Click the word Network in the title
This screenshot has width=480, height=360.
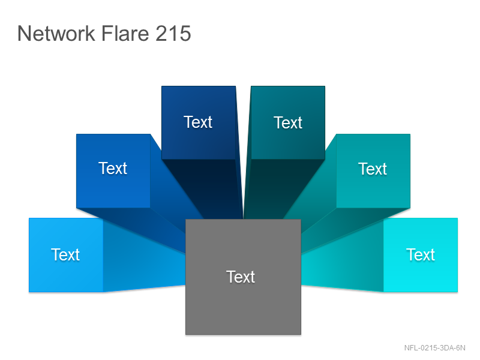(x=56, y=34)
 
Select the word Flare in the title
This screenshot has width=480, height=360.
(x=125, y=34)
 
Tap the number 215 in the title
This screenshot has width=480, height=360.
(x=173, y=34)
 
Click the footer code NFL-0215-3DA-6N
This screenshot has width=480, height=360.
(x=434, y=348)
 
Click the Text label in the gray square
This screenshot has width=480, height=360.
(x=241, y=277)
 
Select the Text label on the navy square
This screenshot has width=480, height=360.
(x=198, y=122)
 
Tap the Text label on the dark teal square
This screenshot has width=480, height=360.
(x=288, y=123)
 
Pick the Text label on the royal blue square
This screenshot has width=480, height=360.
(x=113, y=169)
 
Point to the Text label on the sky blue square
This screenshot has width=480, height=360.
(x=65, y=254)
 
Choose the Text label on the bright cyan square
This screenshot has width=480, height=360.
(x=421, y=254)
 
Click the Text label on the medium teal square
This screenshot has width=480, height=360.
(x=373, y=169)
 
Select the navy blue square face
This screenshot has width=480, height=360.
(x=199, y=123)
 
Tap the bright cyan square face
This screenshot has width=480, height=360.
(x=421, y=255)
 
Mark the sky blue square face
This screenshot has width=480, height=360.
(x=66, y=255)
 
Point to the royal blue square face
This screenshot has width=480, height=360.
(x=113, y=171)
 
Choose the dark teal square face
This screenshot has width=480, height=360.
(x=288, y=123)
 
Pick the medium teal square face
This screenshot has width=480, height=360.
(x=373, y=171)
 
